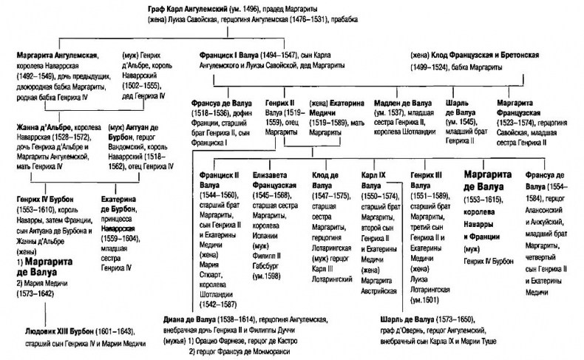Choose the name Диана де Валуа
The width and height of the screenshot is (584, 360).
click(x=190, y=319)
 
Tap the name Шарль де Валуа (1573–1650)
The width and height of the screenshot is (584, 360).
click(x=399, y=319)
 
